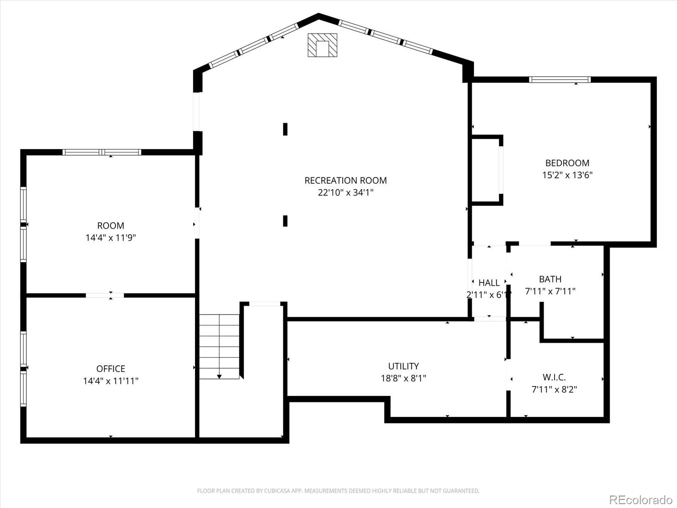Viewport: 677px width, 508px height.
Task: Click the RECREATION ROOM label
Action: tap(345, 180)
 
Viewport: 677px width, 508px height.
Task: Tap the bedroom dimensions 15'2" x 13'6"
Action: tap(567, 175)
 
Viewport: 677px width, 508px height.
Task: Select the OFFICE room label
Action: tap(110, 369)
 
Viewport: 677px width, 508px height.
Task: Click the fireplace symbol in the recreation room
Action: tap(322, 45)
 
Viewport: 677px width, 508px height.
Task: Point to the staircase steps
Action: tap(219, 345)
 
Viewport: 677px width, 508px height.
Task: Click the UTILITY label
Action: tap(403, 366)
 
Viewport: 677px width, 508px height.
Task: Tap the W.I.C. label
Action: tap(554, 377)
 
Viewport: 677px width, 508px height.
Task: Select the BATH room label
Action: tap(550, 279)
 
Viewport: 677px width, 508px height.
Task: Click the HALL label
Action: tap(489, 283)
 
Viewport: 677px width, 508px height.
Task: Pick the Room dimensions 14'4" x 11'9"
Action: tap(110, 237)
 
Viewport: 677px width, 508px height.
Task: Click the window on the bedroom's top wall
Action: tap(559, 80)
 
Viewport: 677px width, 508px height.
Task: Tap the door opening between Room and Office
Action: tap(105, 295)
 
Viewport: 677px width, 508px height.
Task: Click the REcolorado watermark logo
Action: tap(640, 500)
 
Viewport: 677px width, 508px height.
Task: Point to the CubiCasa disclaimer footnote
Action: tap(338, 491)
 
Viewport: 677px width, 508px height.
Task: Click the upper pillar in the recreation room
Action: tap(285, 129)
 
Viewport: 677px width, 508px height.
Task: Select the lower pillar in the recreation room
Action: tap(285, 221)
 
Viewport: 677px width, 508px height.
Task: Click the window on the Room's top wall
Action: tap(102, 152)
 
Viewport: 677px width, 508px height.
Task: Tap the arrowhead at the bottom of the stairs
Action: tap(219, 376)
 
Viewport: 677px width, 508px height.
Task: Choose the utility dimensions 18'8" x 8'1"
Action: tap(403, 378)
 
